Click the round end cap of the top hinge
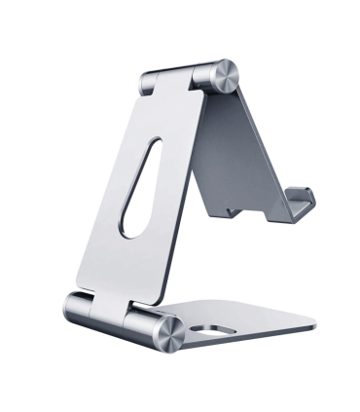223,76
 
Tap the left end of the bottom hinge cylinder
73,306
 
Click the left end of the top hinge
149,82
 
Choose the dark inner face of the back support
238,156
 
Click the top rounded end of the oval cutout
150,146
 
